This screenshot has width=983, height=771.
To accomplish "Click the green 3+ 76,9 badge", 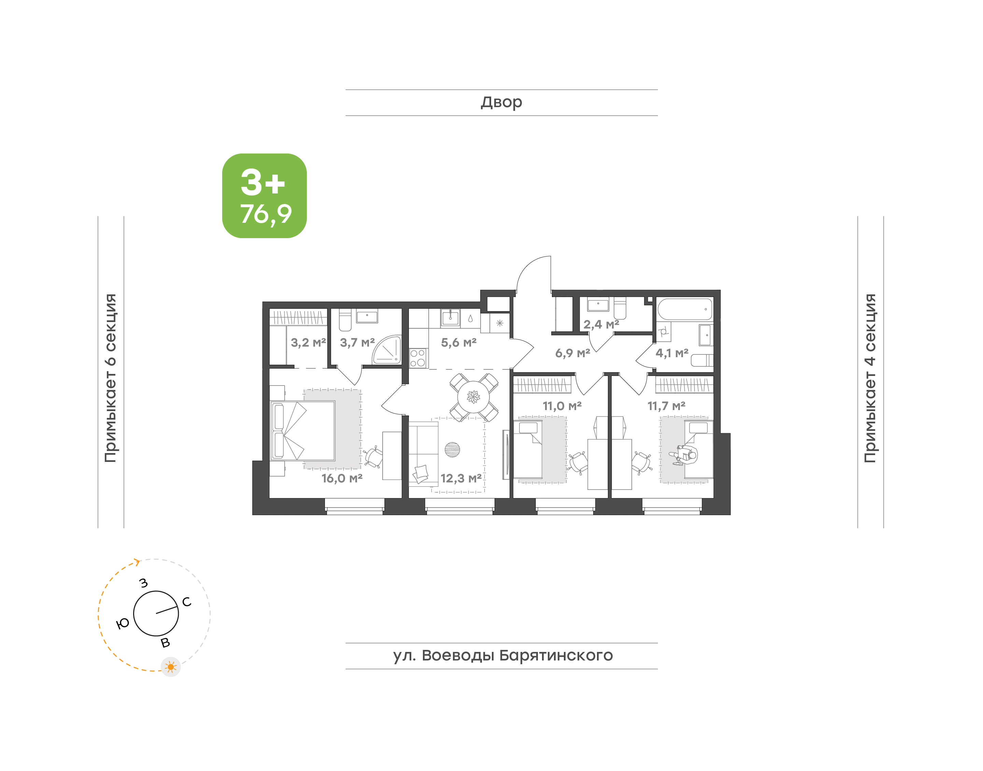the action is click(x=264, y=195).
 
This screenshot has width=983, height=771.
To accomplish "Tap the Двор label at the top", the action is click(x=501, y=102).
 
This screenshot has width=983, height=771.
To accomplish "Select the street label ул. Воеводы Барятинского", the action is click(x=502, y=655).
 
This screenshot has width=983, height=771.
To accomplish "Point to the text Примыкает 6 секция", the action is click(x=111, y=378).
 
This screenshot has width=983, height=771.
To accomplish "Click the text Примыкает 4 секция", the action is click(x=870, y=378).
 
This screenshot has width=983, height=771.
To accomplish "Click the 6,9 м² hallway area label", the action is click(x=572, y=353).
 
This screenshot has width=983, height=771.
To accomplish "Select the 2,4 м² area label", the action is click(x=601, y=324).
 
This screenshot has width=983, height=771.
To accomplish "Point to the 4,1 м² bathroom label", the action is click(x=672, y=353).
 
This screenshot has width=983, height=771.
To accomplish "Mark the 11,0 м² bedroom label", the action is click(x=562, y=406).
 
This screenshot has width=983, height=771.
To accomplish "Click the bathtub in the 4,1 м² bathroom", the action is click(x=685, y=309).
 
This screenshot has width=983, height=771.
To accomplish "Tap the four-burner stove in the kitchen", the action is click(x=418, y=358).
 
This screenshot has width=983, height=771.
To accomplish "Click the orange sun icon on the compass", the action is click(x=171, y=667).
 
